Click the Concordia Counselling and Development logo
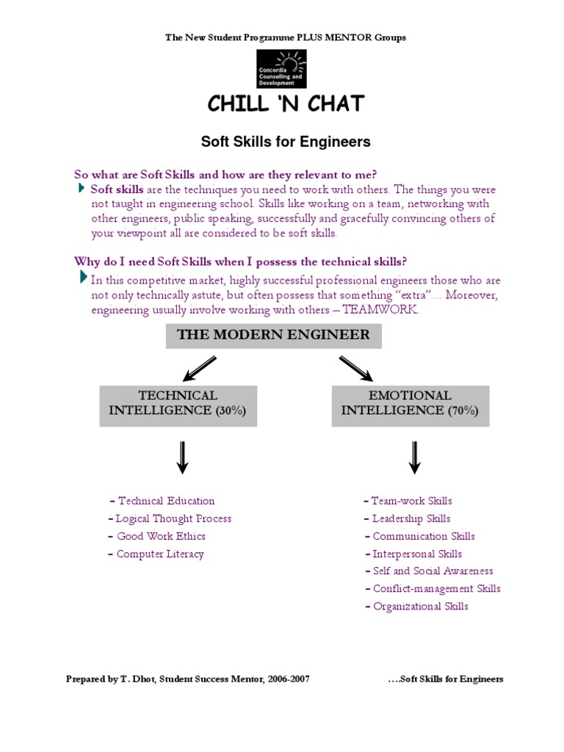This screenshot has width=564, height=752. coord(281,69)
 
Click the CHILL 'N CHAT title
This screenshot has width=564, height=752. coord(286,104)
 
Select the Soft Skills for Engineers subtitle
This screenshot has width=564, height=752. coord(286,141)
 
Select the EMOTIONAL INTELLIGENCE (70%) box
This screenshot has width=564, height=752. coord(410,403)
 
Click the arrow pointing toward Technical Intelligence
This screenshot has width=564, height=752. coord(200,368)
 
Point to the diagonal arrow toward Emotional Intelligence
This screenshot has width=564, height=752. coord(355,368)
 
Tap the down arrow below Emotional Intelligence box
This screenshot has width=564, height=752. coord(414,458)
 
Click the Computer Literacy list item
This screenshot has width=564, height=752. coord(159,554)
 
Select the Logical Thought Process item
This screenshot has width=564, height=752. coord(173,518)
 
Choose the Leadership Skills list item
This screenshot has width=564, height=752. coord(411,518)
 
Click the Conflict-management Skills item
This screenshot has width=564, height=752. coord(436,589)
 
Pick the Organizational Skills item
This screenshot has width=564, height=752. coord(420,607)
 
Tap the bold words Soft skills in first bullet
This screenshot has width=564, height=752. coord(112,189)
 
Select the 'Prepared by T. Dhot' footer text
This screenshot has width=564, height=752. coord(187,679)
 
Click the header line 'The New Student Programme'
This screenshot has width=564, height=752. coord(286,37)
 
